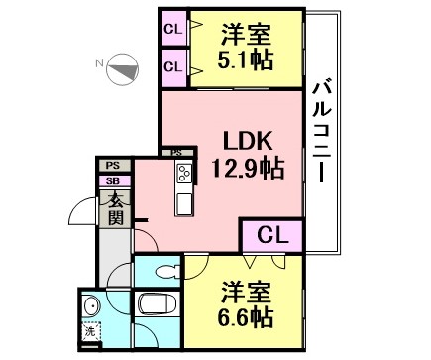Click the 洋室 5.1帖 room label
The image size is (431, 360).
[x=246, y=47]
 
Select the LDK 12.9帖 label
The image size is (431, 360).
[x=248, y=155]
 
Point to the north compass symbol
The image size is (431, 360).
[x=123, y=69]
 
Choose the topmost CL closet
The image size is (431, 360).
[x=173, y=29]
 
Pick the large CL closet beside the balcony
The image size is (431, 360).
[x=272, y=236]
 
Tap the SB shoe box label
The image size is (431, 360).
[x=113, y=181]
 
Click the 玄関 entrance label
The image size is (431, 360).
[x=116, y=208]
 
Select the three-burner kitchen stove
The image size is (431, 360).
[x=184, y=173]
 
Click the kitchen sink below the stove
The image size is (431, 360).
[x=184, y=204]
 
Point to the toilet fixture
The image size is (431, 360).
[x=167, y=272]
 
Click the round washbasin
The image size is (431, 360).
[x=93, y=305]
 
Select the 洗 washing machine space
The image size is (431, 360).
[x=91, y=331]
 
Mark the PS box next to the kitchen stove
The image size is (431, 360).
[x=176, y=153]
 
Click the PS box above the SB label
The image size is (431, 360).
[x=113, y=166]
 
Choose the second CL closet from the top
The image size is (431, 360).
[x=173, y=67]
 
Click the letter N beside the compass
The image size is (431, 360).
[x=99, y=63]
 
